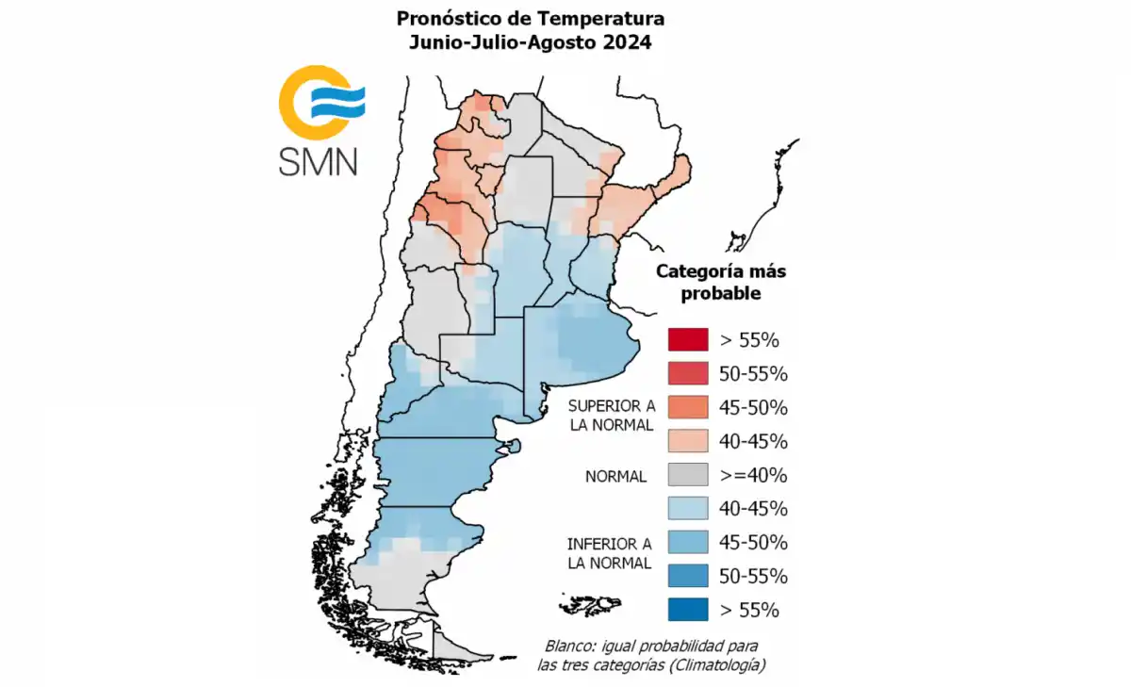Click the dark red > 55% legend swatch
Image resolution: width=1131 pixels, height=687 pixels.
pos(687,339)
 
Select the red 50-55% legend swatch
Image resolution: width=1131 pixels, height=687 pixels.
pos(687,373)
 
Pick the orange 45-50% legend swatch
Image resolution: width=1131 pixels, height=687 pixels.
pos(687,407)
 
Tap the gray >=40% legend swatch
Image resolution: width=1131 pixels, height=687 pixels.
pos(687,475)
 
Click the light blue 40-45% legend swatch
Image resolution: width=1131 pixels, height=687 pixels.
pos(687,509)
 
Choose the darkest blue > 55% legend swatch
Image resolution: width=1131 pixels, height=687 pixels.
pos(687,610)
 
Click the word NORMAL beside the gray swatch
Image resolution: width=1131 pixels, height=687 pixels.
pos(615,477)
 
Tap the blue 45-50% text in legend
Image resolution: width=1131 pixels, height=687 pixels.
pos(753,543)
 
